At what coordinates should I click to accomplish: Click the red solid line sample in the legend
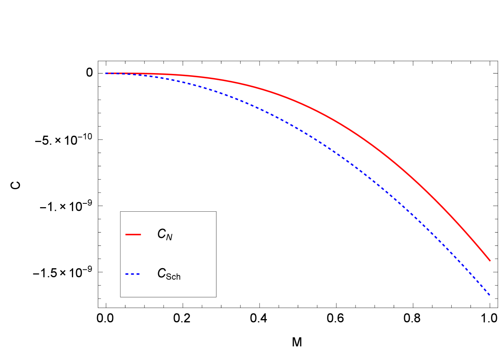[133, 235]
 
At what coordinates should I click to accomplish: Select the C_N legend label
[165, 235]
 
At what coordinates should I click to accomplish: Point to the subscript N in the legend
[169, 238]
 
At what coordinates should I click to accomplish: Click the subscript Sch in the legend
[173, 276]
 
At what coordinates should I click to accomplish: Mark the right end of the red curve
[490, 261]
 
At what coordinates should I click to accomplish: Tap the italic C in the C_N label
[161, 234]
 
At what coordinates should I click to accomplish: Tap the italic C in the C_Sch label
[161, 273]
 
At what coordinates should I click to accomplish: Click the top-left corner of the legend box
[120, 211]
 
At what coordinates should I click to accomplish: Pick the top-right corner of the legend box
[216, 211]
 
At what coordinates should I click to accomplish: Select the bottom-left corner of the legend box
[120, 297]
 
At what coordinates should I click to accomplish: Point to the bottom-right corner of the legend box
[216, 297]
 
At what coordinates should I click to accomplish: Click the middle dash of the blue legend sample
[133, 274]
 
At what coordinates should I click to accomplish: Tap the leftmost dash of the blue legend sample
[127, 274]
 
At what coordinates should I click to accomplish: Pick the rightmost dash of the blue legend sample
[138, 274]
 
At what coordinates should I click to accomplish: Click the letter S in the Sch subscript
[168, 276]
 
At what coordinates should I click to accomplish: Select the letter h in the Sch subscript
[178, 276]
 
